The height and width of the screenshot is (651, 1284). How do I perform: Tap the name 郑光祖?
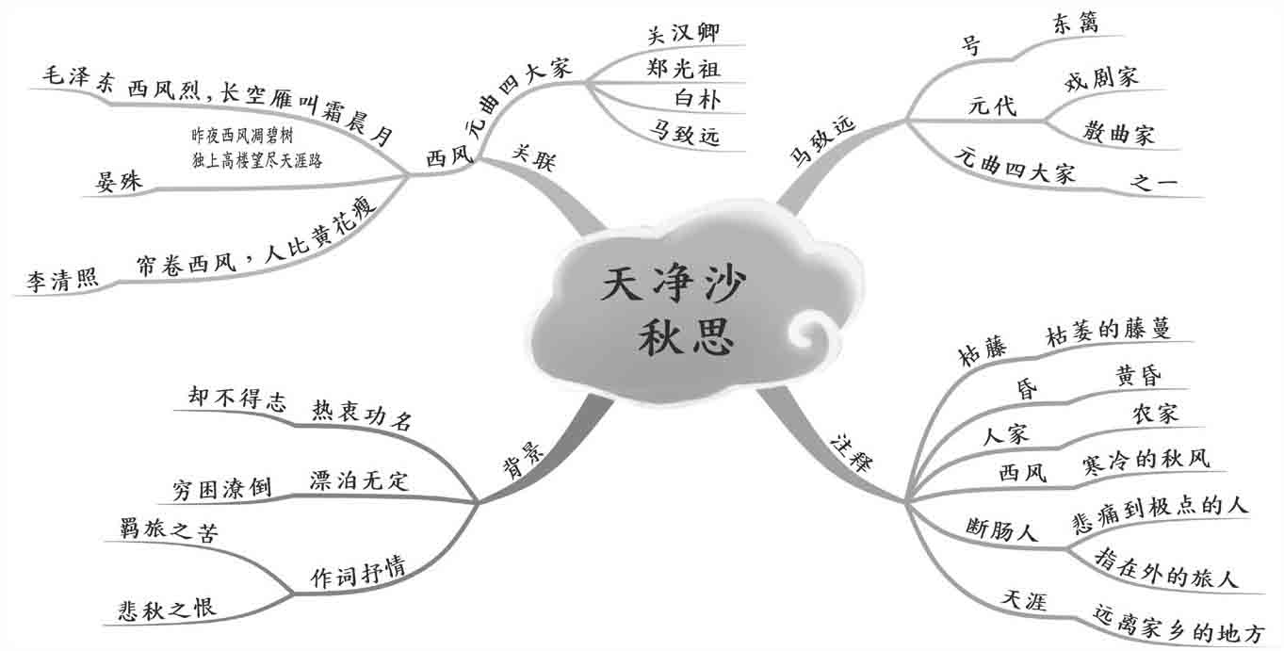[684, 68]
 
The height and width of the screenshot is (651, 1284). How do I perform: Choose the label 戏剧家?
[1100, 78]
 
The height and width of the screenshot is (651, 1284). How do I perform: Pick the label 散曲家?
[1118, 134]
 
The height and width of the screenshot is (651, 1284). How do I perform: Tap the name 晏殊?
[119, 181]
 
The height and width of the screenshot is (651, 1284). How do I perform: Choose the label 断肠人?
[1001, 529]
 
